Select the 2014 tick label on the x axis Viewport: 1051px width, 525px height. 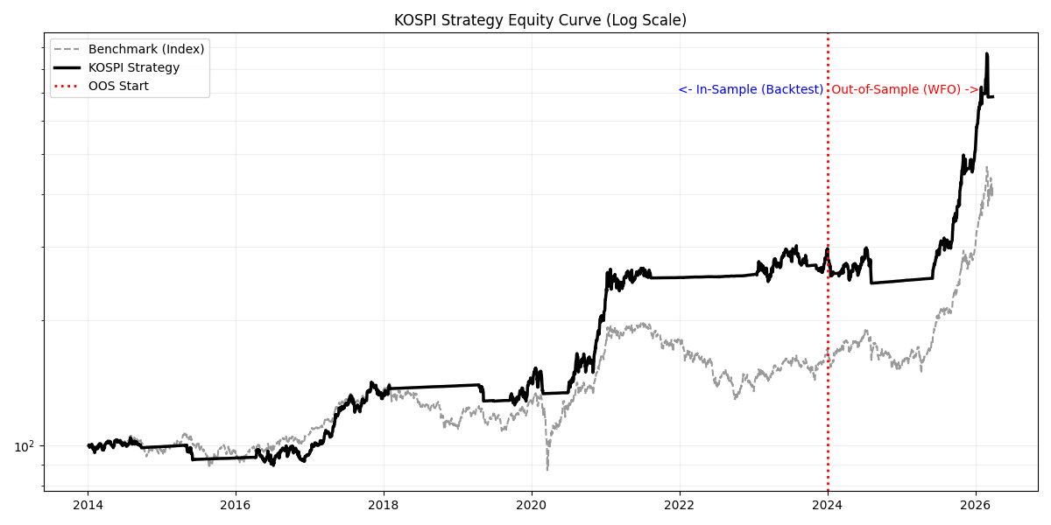point(88,506)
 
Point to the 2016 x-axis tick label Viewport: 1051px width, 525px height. point(236,506)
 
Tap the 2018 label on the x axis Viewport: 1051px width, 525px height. point(384,506)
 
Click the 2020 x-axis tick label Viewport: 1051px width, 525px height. point(532,506)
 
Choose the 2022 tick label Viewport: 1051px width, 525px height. point(680,506)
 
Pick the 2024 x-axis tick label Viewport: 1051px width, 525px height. point(829,506)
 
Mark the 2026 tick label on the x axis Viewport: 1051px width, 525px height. point(976,506)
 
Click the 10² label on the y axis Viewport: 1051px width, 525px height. point(25,446)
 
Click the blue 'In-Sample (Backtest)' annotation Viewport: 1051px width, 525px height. point(751,89)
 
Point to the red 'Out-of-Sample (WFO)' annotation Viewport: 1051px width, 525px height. point(905,89)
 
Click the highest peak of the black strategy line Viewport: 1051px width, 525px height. point(987,54)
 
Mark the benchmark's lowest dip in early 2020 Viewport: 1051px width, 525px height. point(547,469)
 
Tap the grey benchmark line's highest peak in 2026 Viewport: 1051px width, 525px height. point(987,166)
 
